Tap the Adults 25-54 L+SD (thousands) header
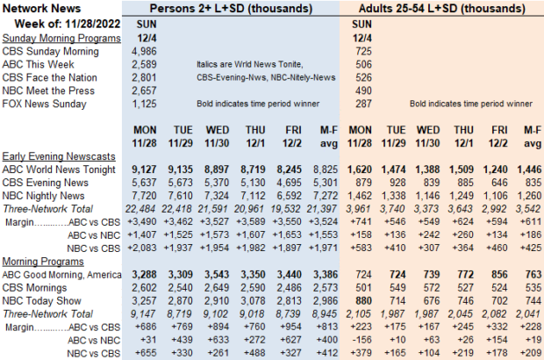pos(445,10)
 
